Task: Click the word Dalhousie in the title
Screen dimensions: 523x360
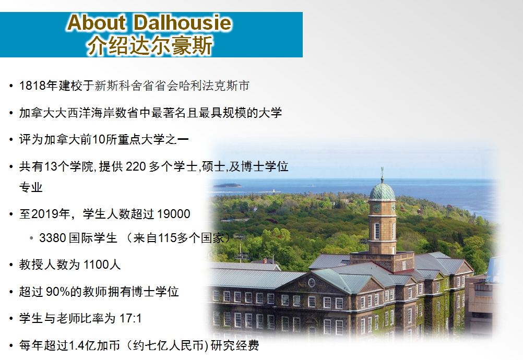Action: [183, 22]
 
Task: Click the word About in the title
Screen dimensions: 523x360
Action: [97, 22]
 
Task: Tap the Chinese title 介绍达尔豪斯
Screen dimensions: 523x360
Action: [150, 45]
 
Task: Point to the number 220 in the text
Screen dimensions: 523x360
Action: [136, 166]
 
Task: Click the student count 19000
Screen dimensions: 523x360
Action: [173, 214]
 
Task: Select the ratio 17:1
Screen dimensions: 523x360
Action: [130, 318]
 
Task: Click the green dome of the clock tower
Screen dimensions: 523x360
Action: [382, 191]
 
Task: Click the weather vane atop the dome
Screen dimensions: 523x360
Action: [382, 172]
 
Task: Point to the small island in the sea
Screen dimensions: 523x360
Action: [228, 185]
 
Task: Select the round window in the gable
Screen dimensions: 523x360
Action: [312, 283]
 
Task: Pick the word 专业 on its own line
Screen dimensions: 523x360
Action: [31, 187]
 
